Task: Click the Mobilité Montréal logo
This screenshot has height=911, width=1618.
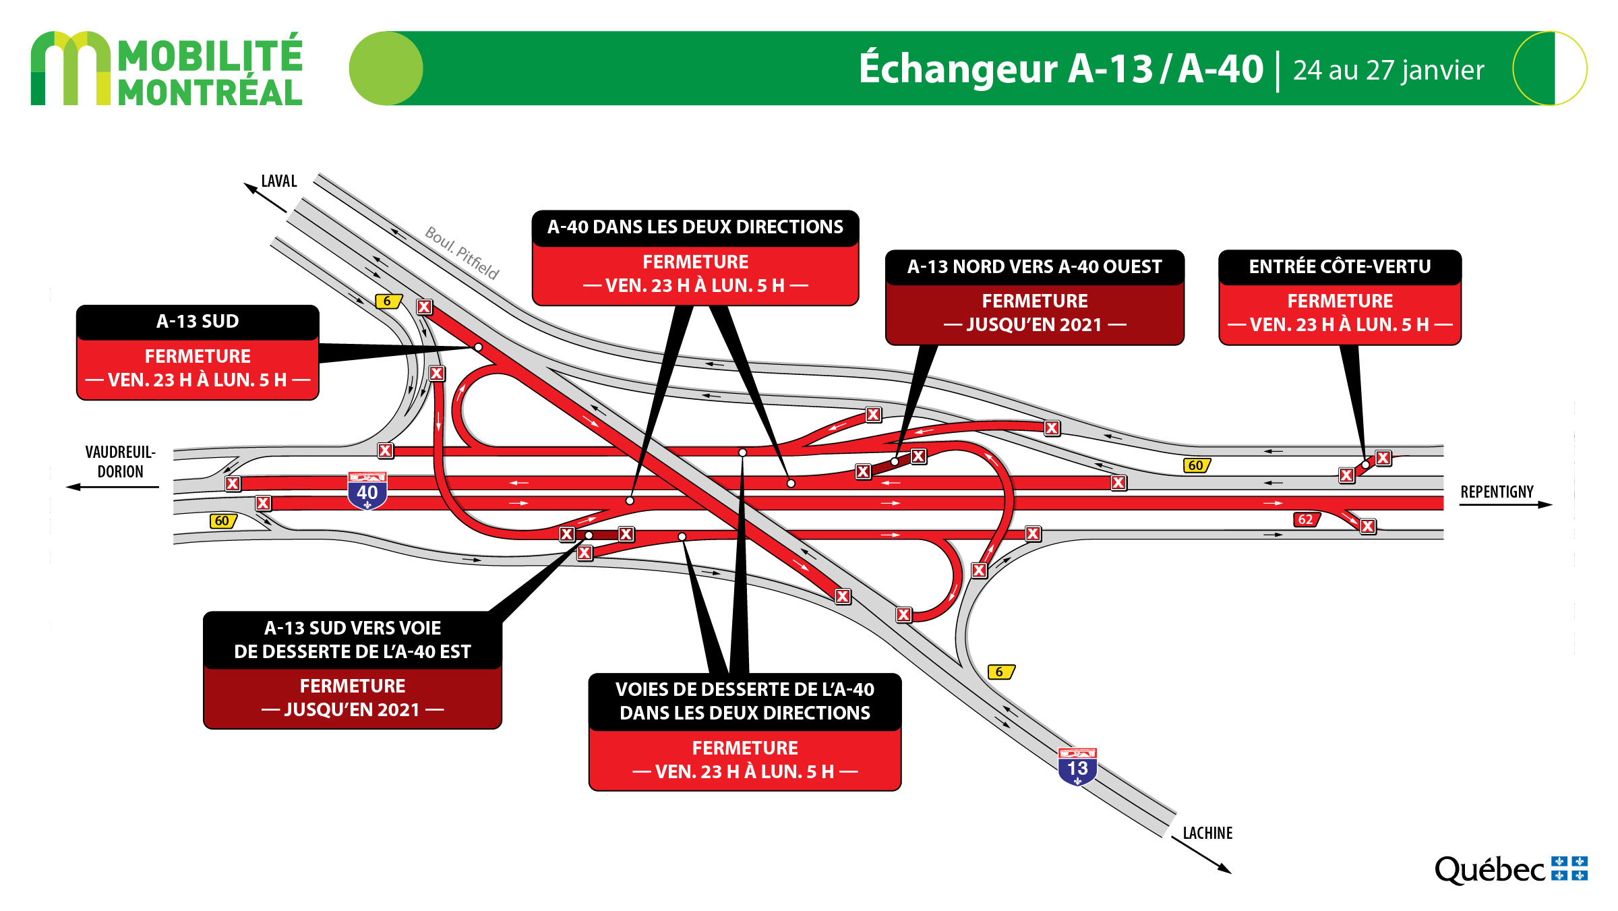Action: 167,69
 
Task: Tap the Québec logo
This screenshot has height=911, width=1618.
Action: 1511,869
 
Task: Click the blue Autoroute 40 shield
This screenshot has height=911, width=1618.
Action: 367,491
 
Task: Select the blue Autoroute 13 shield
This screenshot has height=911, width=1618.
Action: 1077,767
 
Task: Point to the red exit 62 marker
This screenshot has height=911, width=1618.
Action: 1306,519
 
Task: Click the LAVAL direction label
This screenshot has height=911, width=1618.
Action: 279,181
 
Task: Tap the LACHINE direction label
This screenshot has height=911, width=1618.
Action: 1207,833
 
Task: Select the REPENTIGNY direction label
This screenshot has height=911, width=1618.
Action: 1497,492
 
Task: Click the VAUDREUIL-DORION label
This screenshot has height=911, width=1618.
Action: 120,462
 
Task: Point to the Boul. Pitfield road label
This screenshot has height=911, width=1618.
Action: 462,253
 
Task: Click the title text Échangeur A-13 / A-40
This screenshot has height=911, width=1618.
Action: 1060,68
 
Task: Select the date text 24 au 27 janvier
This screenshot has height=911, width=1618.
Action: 1389,70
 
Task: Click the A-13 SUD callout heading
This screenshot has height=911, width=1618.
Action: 198,322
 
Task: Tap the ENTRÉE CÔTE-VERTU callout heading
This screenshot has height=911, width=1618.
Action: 1340,266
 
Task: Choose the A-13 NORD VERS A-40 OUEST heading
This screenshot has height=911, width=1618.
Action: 1034,266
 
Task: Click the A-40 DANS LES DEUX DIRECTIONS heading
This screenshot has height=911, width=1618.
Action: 695,227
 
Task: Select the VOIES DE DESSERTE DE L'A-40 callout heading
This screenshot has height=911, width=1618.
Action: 745,701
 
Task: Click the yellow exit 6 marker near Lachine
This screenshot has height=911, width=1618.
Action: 1001,672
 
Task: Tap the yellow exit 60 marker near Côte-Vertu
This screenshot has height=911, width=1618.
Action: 1197,465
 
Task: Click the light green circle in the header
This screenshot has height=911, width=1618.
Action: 386,68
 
